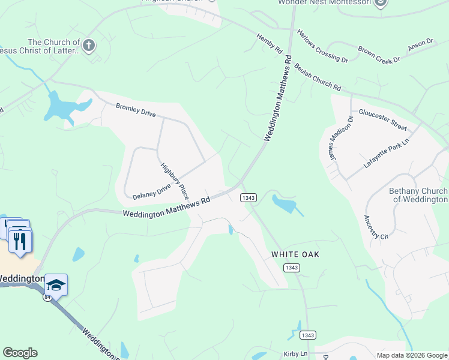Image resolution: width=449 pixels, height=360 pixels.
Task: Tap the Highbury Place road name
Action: [175, 181]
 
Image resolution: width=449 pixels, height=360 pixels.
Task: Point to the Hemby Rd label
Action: [270, 45]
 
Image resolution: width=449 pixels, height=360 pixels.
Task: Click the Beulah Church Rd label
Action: [318, 75]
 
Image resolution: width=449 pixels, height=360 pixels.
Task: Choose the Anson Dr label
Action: [420, 44]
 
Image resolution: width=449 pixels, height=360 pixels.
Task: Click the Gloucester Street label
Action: [382, 119]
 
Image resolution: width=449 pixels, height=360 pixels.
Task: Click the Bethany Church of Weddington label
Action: [418, 195]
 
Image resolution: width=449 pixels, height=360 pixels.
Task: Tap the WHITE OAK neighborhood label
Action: [295, 254]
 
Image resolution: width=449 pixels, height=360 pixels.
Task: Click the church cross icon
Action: [89, 45]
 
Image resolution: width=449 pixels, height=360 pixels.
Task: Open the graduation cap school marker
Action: [56, 285]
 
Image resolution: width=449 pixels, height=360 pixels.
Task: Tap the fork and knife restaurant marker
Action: [21, 241]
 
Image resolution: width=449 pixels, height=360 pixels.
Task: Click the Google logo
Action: [20, 353]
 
